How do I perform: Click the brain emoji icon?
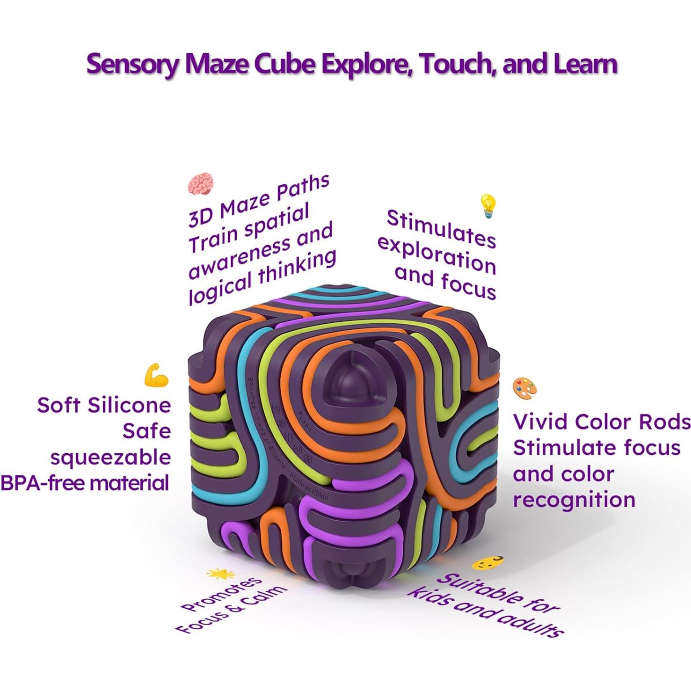[x=201, y=184]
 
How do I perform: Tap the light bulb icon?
[x=487, y=206]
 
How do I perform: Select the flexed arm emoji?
[x=156, y=375]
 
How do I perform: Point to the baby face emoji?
[x=487, y=563]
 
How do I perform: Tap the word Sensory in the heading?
[x=133, y=64]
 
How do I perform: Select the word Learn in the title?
[x=585, y=64]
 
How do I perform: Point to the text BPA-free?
[x=43, y=483]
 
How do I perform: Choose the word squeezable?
[x=111, y=457]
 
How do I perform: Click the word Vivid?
[x=540, y=422]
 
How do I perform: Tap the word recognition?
[x=574, y=500]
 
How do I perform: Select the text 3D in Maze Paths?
[x=200, y=216]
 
